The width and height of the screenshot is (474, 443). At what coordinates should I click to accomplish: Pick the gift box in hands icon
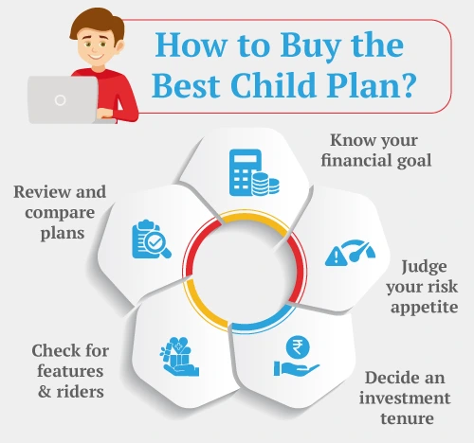coord(177,358)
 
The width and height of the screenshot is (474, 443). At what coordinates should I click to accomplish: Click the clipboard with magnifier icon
coord(151,240)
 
